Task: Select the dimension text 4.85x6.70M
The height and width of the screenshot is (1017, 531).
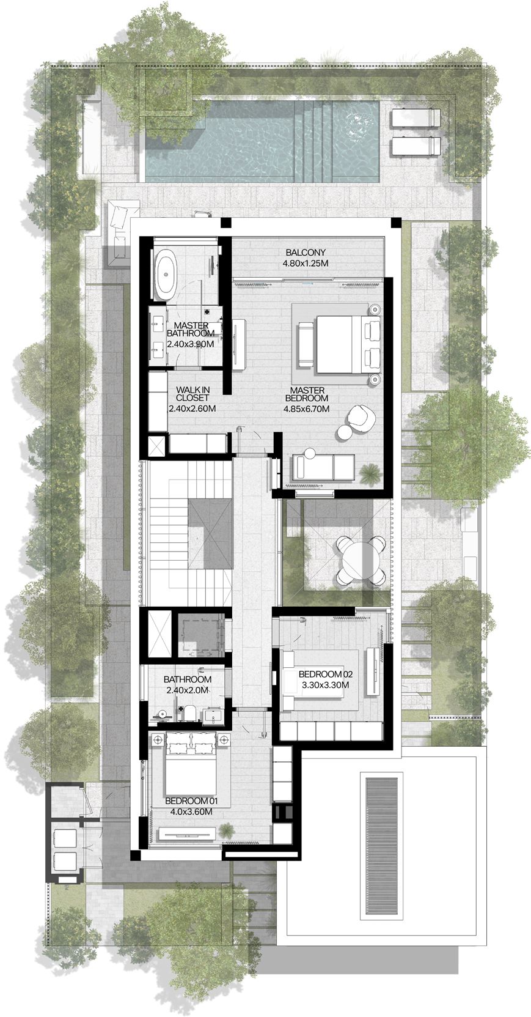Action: click(x=306, y=408)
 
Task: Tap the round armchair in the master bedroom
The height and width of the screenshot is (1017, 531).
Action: click(x=361, y=415)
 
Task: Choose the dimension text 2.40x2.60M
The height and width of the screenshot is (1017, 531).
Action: click(x=192, y=408)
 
